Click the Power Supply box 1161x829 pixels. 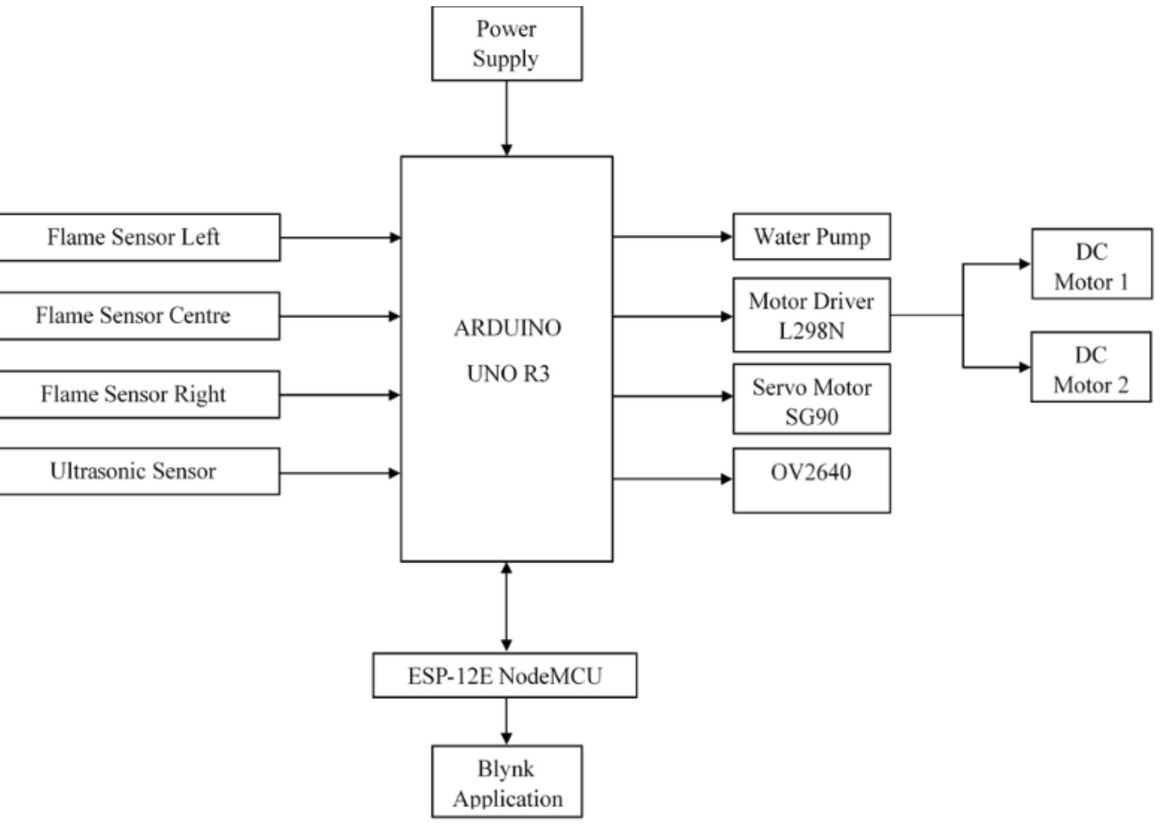(506, 43)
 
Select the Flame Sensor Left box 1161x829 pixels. (133, 237)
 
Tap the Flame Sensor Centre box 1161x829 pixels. (133, 316)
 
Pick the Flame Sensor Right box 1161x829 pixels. (133, 394)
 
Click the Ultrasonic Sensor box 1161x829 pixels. (133, 471)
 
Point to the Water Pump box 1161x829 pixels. (811, 237)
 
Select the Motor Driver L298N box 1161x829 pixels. (811, 315)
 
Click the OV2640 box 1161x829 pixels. (811, 481)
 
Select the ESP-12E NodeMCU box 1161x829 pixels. (504, 675)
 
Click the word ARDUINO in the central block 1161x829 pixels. (507, 328)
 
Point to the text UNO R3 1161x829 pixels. (508, 374)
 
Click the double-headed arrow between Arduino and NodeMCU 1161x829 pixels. (506, 607)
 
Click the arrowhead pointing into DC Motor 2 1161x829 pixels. (1024, 367)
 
